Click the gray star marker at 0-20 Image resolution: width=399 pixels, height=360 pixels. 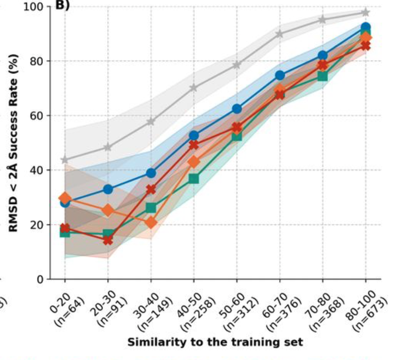click(x=65, y=160)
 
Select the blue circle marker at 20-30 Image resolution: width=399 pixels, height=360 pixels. click(x=108, y=189)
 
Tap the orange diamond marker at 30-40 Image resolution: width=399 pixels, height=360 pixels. click(x=151, y=223)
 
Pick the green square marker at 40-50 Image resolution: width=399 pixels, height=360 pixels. click(x=194, y=179)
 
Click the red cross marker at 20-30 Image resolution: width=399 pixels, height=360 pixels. click(x=108, y=240)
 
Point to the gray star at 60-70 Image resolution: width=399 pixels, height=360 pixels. click(x=279, y=34)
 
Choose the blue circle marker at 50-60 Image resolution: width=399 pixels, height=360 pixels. click(x=237, y=109)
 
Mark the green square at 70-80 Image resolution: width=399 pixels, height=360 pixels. click(x=323, y=76)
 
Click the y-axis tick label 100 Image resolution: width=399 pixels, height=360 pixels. click(x=33, y=7)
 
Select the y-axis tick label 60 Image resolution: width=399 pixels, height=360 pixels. click(x=36, y=116)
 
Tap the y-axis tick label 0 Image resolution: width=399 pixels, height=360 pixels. click(x=40, y=279)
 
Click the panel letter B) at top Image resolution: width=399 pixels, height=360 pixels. click(x=62, y=6)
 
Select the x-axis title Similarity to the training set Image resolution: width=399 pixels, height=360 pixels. click(x=215, y=342)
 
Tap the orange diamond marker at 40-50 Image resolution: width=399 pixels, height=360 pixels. click(x=194, y=162)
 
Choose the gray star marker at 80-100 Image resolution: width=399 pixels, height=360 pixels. click(x=365, y=13)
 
